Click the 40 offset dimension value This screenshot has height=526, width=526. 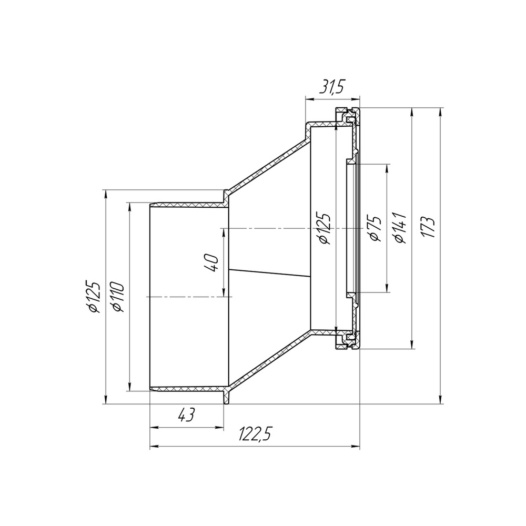212,262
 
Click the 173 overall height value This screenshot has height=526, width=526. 429,227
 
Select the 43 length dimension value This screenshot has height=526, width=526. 186,416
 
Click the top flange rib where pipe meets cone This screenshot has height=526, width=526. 226,195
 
